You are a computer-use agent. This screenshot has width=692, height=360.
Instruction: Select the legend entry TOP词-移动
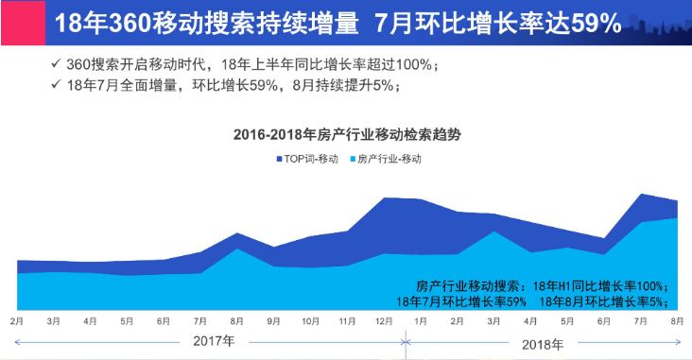click(312, 159)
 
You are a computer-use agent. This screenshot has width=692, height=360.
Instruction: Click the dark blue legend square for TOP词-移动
click(280, 159)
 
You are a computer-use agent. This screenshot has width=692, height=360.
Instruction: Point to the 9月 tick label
click(273, 322)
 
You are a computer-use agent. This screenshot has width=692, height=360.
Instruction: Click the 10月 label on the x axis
click(309, 322)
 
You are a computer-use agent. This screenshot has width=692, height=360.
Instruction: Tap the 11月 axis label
click(346, 322)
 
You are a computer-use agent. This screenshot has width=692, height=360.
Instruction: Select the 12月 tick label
click(383, 322)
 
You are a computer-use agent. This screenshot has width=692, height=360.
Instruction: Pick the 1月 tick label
click(420, 322)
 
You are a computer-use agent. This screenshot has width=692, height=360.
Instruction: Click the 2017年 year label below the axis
click(214, 340)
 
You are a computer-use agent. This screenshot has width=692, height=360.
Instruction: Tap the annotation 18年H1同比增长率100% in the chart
click(601, 286)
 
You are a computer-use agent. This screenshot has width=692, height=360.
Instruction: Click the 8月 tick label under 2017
click(236, 322)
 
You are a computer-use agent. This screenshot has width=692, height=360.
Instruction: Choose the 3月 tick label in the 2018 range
click(493, 322)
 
